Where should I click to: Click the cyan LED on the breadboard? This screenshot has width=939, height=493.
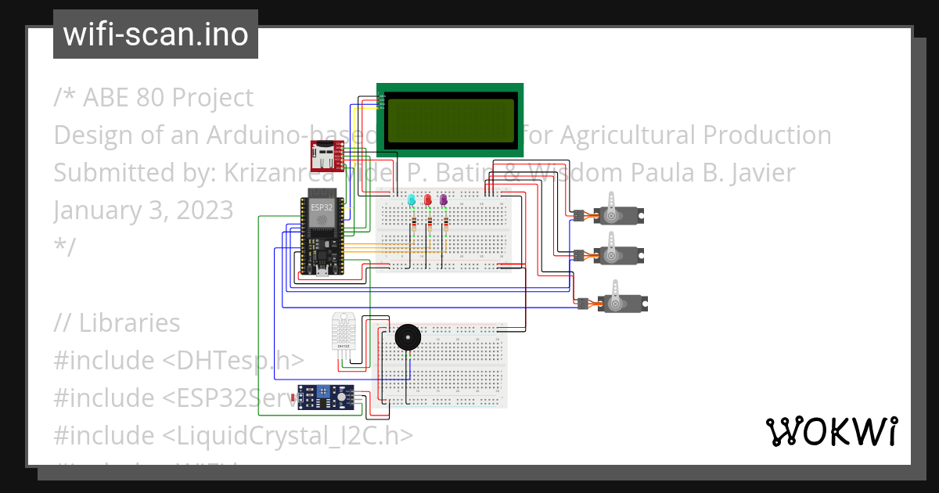click(411, 201)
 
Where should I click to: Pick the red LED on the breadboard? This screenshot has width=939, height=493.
click(427, 200)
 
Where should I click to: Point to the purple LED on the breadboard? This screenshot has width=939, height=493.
click(444, 200)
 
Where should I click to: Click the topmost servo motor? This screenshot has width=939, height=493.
click(617, 213)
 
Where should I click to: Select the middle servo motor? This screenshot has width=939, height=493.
click(617, 254)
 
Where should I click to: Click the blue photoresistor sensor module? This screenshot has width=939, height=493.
click(326, 398)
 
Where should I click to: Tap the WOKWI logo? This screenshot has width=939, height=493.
click(831, 431)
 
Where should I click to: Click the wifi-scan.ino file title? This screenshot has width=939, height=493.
click(156, 34)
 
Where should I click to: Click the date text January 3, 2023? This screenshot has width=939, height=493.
click(143, 210)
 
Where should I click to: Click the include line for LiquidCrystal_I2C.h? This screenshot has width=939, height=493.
click(233, 434)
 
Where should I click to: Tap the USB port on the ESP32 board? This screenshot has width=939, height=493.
click(322, 272)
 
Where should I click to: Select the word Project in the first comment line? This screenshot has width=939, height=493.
click(212, 97)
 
